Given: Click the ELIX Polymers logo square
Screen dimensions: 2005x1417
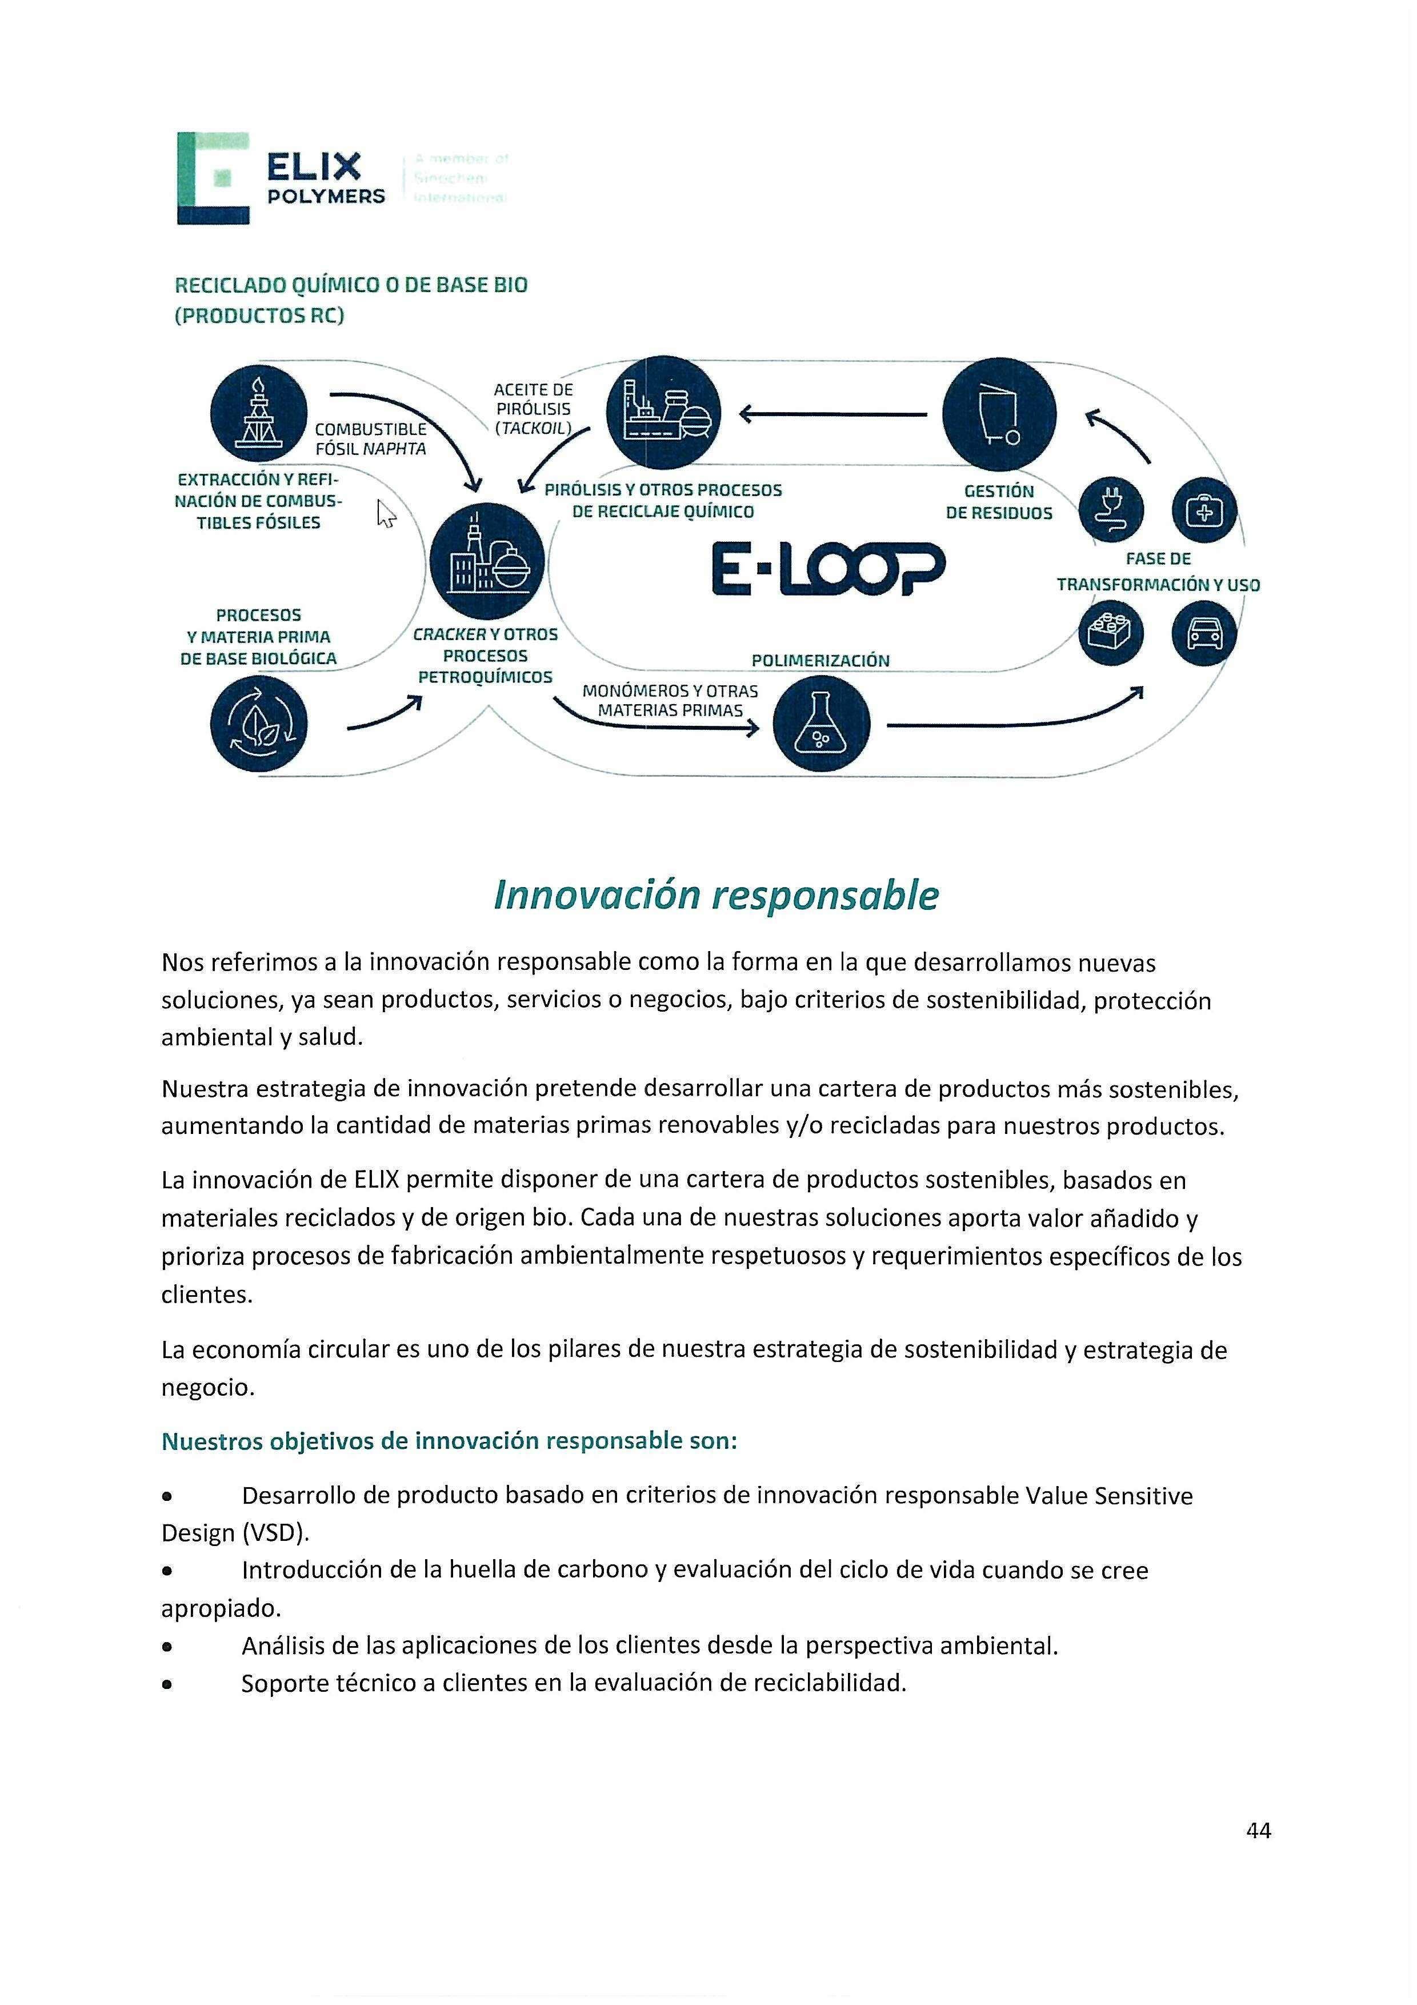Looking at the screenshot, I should point(213,178).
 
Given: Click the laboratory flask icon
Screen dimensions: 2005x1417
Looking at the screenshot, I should point(822,724).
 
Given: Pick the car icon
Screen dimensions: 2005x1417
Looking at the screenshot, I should point(1204,633).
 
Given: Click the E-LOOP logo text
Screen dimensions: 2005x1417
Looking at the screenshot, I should point(828,569).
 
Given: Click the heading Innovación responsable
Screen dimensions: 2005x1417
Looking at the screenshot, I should point(716,896).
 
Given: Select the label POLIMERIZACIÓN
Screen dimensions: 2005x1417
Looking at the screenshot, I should point(820,661).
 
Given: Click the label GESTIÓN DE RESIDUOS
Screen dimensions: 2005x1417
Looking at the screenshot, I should point(999,502).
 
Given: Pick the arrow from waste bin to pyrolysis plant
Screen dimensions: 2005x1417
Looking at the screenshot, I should point(834,415).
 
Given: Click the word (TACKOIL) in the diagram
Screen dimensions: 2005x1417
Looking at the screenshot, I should point(533,428).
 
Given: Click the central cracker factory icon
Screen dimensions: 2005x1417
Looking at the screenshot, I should point(486,561).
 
